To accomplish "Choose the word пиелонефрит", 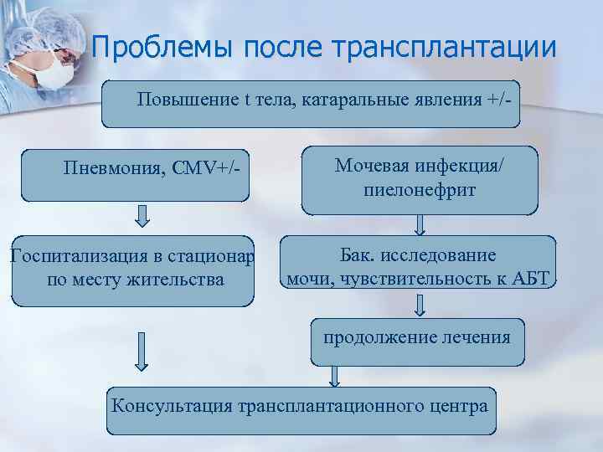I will click(420, 189).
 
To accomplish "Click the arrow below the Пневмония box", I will click(142, 218).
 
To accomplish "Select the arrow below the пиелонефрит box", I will click(420, 224).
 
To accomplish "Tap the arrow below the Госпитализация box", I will click(142, 352).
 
